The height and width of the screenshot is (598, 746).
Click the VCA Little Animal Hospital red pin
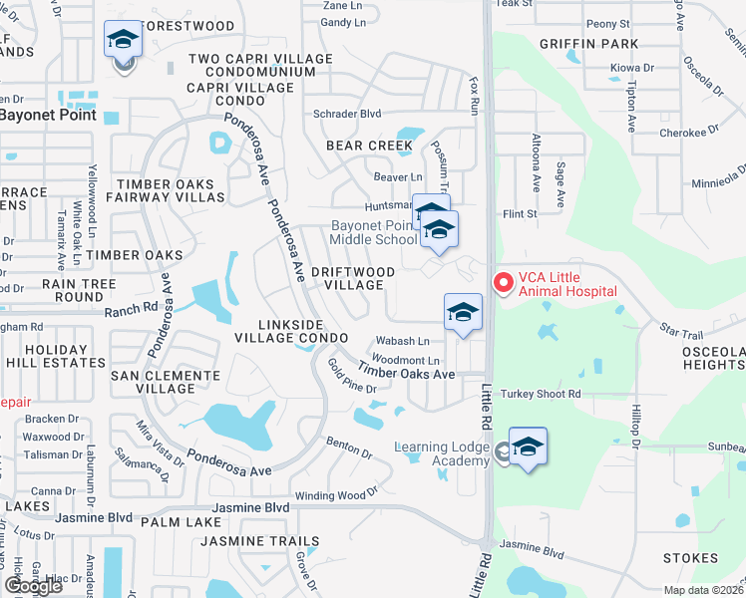(503, 283)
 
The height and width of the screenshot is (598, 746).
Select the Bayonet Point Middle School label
(374, 233)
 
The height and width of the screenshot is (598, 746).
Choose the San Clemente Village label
(165, 383)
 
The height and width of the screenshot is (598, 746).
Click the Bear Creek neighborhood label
(369, 146)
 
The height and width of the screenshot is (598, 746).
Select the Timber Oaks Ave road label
(406, 372)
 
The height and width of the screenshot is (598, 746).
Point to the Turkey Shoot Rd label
(541, 394)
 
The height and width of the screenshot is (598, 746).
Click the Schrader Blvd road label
(348, 114)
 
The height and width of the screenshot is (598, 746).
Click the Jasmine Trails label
(259, 541)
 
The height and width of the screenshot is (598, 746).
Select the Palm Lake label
(181, 521)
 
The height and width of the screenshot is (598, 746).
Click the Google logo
(32, 586)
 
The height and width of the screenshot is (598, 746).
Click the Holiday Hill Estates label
(56, 357)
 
